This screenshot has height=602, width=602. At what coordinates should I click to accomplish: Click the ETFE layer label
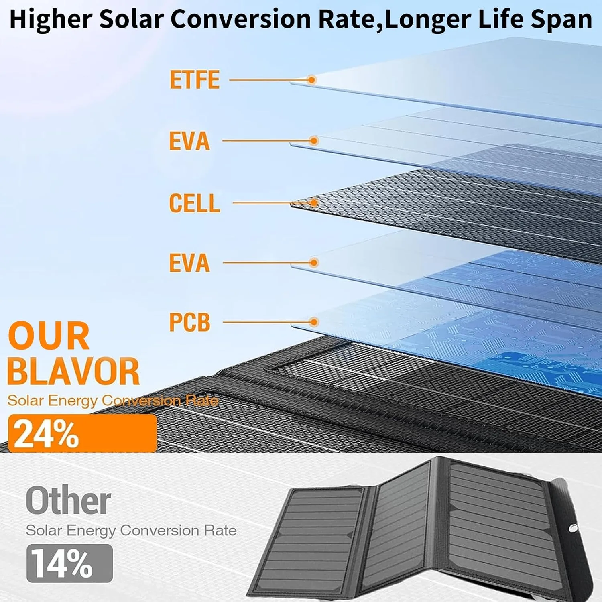click(195, 79)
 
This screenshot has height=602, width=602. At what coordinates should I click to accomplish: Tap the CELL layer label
click(195, 203)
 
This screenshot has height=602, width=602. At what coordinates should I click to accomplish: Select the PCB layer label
click(189, 322)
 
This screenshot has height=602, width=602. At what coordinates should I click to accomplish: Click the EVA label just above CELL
click(189, 141)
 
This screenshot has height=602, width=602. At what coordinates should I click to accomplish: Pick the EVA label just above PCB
click(189, 263)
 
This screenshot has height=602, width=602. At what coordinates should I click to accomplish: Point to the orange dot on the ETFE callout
click(312, 80)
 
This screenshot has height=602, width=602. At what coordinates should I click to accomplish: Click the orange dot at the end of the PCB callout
click(314, 322)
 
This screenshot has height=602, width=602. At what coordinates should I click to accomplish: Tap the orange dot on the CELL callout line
click(314, 203)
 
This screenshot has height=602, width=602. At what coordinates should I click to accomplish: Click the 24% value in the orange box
click(46, 434)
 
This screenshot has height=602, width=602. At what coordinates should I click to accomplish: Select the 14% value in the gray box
click(62, 563)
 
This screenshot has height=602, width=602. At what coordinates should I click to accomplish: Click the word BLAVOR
click(73, 371)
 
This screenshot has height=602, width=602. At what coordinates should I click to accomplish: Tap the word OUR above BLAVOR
click(49, 336)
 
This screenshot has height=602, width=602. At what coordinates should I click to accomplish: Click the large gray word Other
click(69, 500)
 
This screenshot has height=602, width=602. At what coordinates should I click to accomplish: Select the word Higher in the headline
click(50, 20)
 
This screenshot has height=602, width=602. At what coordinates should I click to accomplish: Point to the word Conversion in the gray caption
click(160, 531)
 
